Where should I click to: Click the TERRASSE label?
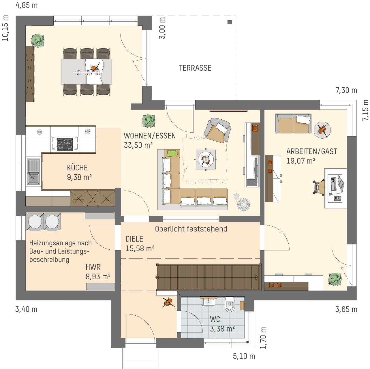195,68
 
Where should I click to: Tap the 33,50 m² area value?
138,145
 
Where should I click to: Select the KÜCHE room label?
77,168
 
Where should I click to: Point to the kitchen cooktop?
65,144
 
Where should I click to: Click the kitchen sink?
33,172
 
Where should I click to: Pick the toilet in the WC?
230,304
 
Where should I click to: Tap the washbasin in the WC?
209,302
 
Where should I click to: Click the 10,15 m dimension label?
5,28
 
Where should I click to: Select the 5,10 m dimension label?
244,356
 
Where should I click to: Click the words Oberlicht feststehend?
191,229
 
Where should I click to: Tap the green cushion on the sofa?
172,153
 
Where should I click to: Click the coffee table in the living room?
206,159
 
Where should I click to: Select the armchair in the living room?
217,130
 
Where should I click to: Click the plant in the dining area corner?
37,41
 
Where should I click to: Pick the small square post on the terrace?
230,22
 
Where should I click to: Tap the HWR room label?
93,267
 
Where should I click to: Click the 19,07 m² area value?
301,161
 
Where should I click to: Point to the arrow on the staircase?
257,277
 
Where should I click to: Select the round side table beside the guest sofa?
322,130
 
